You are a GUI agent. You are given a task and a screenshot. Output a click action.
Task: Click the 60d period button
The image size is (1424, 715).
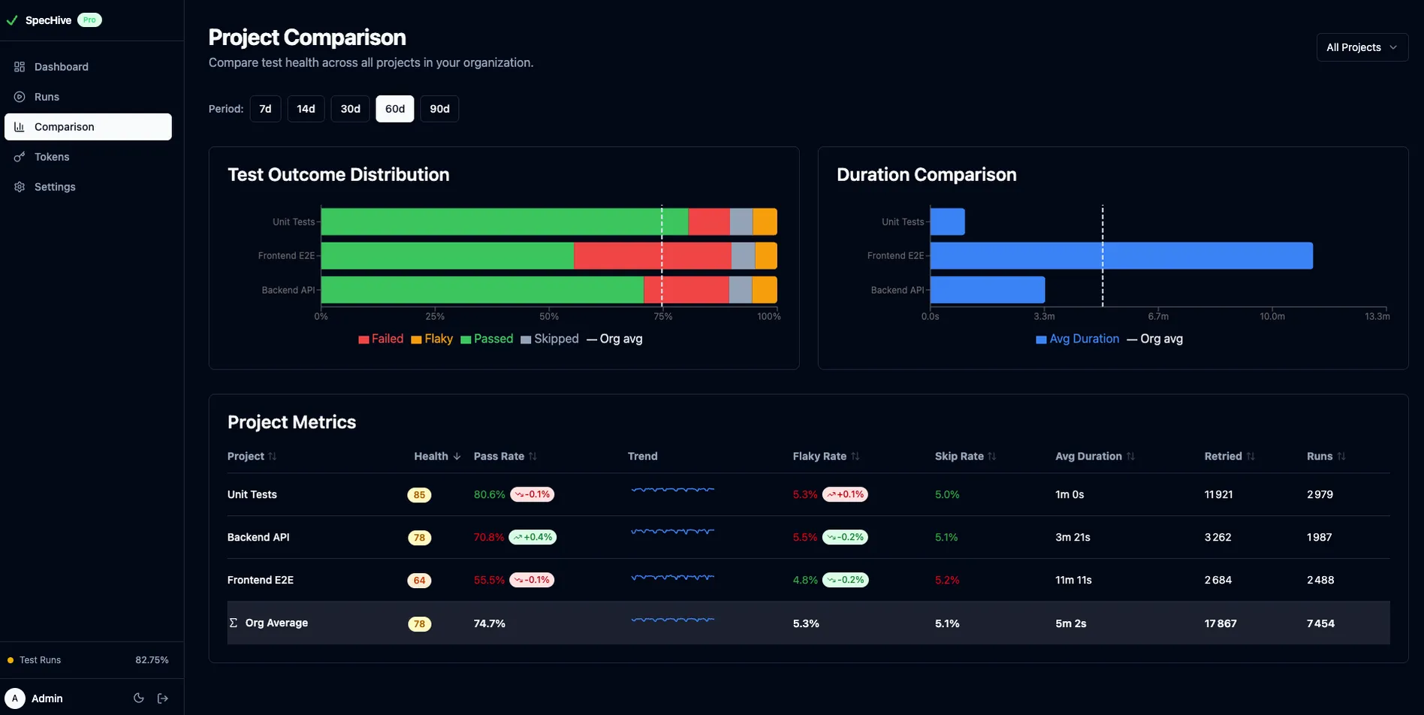tap(394, 109)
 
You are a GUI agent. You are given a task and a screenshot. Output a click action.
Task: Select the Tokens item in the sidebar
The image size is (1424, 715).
tap(52, 157)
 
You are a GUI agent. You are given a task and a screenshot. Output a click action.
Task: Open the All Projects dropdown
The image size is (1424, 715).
tap(1362, 47)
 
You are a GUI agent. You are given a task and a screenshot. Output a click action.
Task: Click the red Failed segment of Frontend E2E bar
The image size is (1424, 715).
tap(652, 256)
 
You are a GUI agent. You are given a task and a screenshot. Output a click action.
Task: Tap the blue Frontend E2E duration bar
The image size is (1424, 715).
tap(1121, 256)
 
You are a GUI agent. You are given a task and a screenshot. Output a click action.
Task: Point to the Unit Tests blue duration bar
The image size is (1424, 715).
tap(947, 222)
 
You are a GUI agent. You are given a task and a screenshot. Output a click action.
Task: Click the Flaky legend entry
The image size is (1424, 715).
tap(432, 339)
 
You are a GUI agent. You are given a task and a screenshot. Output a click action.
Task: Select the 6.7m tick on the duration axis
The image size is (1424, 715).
tap(1157, 316)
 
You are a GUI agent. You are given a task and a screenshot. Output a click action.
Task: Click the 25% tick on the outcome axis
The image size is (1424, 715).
tap(435, 316)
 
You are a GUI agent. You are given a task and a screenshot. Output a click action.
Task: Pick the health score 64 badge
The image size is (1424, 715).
tap(419, 581)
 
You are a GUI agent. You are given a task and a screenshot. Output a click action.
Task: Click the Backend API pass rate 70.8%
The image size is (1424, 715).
tap(489, 538)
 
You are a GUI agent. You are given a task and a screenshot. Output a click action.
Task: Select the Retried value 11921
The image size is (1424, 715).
tap(1218, 495)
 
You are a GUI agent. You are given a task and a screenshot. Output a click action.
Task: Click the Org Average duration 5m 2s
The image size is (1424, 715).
tap(1070, 624)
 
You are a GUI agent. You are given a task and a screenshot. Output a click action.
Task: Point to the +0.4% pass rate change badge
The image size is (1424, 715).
tap(532, 538)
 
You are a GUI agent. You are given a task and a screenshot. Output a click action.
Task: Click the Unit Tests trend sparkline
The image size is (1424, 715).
tap(672, 490)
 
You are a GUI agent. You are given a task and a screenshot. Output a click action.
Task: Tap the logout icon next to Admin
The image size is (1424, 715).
tap(163, 698)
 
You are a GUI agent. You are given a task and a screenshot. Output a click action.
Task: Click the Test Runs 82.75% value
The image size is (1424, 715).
tap(152, 660)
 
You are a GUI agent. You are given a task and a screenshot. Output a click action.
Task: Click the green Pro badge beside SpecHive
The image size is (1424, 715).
tap(89, 20)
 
